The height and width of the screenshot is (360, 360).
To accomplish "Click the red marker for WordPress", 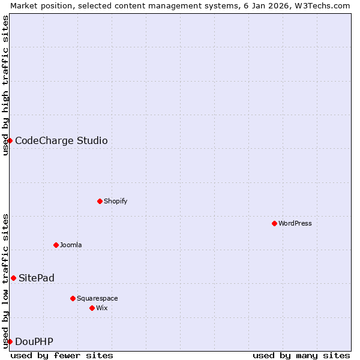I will (x=274, y=223).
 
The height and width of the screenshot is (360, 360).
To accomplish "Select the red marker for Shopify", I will (x=100, y=201).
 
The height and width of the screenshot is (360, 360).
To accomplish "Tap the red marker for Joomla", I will (x=56, y=245).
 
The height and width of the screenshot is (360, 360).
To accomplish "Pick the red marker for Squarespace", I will (x=73, y=298).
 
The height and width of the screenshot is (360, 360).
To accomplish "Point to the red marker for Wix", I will (x=92, y=308).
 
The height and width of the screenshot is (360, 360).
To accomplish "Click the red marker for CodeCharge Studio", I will (x=10, y=140).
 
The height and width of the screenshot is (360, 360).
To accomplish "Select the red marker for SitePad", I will (x=13, y=278).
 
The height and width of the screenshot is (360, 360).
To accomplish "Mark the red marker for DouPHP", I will (x=10, y=341).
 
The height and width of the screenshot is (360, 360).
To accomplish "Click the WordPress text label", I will (x=295, y=223).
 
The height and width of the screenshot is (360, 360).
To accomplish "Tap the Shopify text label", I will (x=115, y=201).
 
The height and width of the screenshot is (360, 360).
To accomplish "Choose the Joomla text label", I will (x=71, y=245).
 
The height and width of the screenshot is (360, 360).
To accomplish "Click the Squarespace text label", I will (x=97, y=298).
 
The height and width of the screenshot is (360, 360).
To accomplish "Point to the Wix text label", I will (x=101, y=308).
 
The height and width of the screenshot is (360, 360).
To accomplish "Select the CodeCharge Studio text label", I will (x=61, y=141).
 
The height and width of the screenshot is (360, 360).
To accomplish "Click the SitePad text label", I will (x=37, y=278).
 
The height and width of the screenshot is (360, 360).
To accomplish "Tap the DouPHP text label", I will (x=34, y=342).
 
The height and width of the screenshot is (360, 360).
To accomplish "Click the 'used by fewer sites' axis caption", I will (x=62, y=355).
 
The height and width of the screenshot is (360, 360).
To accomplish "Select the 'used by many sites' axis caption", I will (x=301, y=355).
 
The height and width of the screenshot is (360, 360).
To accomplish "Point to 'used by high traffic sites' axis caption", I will (x=5, y=85).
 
